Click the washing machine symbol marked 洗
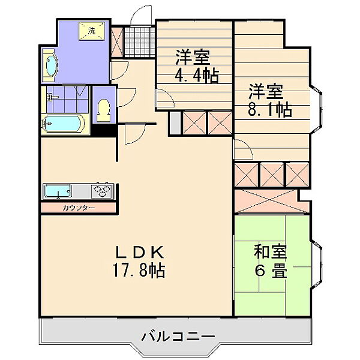92,31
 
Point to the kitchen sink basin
57,191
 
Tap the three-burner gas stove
103,191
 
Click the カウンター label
77,208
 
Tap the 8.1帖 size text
271,110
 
